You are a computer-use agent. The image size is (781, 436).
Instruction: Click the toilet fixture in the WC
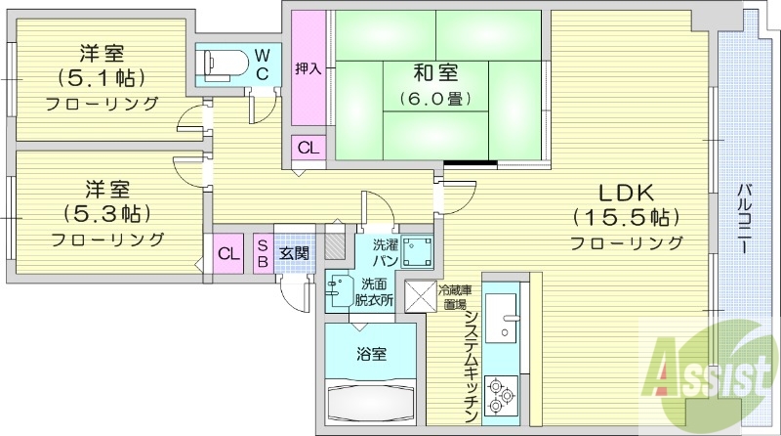pyautogui.click(x=220, y=63)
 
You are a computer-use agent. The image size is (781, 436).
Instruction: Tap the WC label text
pyautogui.click(x=264, y=64)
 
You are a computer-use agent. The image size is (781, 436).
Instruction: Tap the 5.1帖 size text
pyautogui.click(x=101, y=76)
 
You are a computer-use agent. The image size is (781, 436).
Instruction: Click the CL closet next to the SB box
pyautogui.click(x=228, y=254)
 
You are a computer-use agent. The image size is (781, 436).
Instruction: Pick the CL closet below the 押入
pyautogui.click(x=308, y=149)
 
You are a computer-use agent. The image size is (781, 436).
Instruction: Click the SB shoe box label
pyautogui.click(x=263, y=254)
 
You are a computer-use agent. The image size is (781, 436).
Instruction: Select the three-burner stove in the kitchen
pyautogui.click(x=504, y=394)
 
